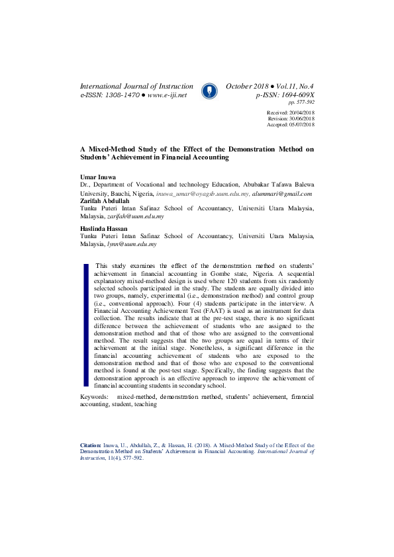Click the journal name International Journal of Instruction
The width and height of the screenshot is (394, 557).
[x=136, y=87]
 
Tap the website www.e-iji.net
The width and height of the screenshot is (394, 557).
[x=167, y=95]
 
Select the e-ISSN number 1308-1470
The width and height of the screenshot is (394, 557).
[x=121, y=95]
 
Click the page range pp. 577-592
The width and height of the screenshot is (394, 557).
[x=301, y=103]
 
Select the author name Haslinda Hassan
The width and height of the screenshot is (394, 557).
[x=103, y=228]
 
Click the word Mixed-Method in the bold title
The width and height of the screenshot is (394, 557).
[x=109, y=149]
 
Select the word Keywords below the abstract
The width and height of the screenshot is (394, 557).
[x=94, y=397]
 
